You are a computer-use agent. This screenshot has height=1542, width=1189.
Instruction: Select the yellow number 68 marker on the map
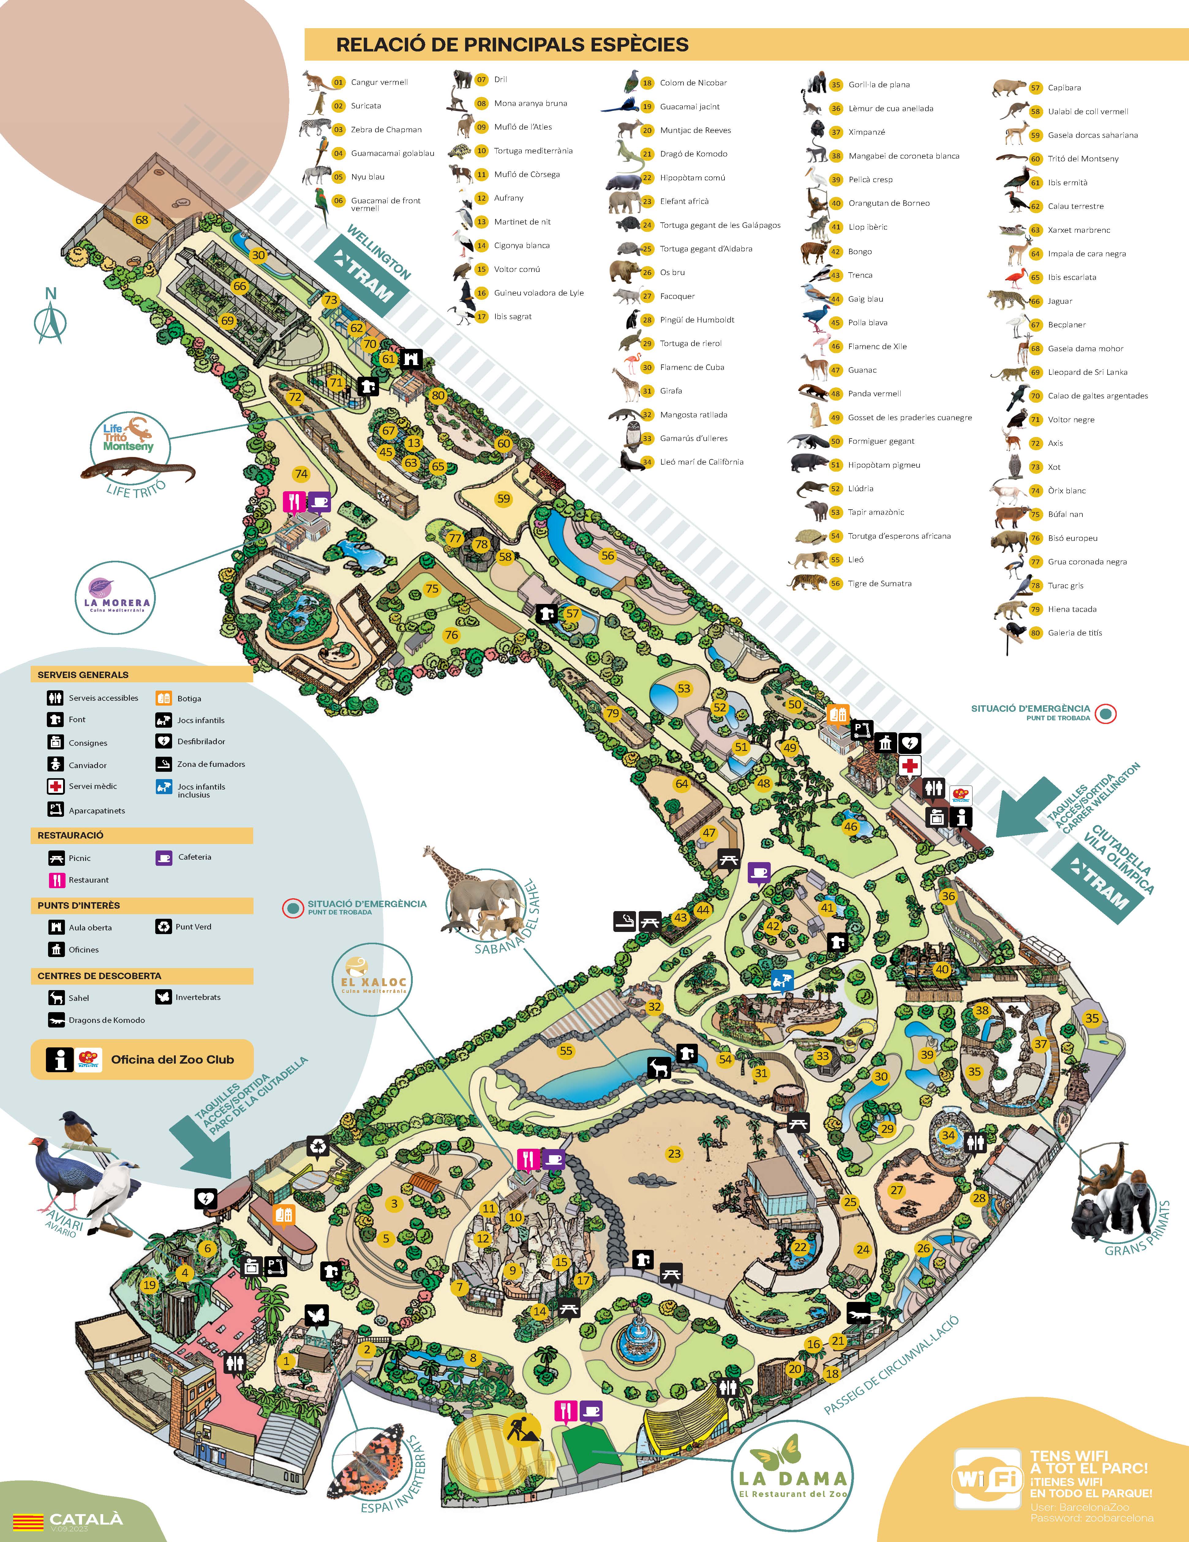point(142,220)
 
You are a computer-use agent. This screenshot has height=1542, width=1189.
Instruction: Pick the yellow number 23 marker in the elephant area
point(674,1154)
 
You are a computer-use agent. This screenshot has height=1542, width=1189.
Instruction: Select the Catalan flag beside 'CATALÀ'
point(28,1520)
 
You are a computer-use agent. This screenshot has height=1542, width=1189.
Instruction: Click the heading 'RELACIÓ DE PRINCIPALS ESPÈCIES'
point(512,44)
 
